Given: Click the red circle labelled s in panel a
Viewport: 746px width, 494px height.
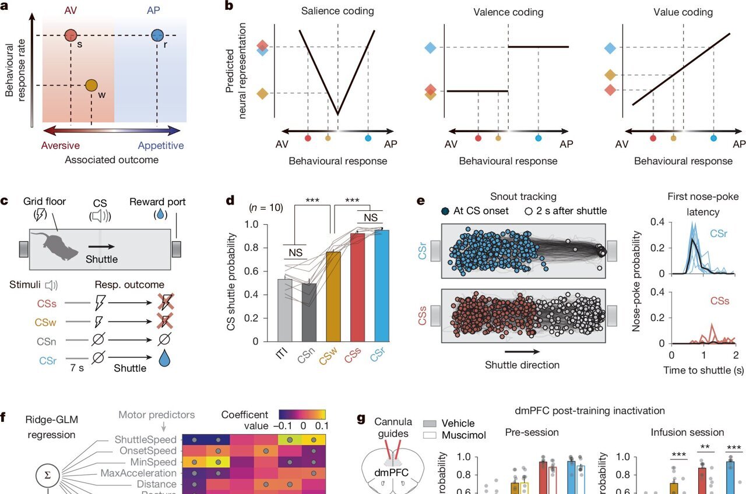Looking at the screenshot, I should [71, 36].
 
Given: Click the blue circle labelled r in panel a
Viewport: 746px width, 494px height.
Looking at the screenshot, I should [157, 36].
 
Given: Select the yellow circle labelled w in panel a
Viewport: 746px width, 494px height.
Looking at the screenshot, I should [91, 86].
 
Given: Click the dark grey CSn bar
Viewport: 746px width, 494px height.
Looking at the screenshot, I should [308, 312].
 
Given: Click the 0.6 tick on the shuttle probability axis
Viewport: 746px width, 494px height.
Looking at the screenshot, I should [252, 271].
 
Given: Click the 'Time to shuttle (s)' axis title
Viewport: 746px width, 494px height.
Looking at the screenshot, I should [703, 370].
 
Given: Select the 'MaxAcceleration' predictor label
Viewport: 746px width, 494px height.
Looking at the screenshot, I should [139, 472].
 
